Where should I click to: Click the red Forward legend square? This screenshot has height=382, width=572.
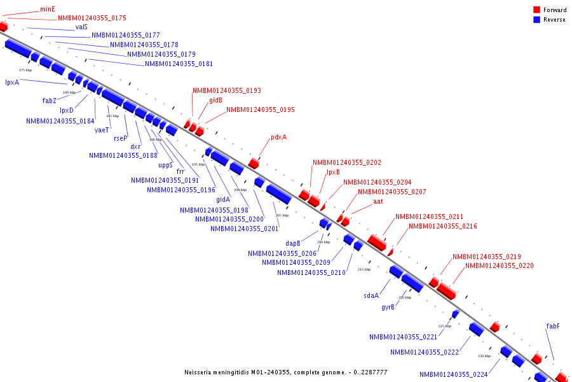(x=536, y=10)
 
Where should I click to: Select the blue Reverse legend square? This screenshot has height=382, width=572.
(x=536, y=20)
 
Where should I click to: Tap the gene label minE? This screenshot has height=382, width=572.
(x=48, y=9)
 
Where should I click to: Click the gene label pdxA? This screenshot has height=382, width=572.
(x=278, y=137)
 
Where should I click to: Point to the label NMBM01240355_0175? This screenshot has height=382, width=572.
(x=92, y=18)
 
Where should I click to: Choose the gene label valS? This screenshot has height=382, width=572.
(x=81, y=27)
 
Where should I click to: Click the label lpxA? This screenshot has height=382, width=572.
(x=12, y=82)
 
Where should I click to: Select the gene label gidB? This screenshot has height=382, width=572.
(x=215, y=100)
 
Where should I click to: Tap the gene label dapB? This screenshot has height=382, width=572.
(x=292, y=243)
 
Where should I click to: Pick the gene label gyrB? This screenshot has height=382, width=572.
(x=388, y=307)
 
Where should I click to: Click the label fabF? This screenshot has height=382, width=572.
(x=553, y=326)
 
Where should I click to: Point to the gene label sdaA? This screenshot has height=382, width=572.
(x=371, y=295)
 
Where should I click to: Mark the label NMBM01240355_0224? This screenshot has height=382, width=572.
(x=453, y=374)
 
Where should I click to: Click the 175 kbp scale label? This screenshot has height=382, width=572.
(x=25, y=70)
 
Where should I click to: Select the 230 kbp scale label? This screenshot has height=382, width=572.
(x=484, y=356)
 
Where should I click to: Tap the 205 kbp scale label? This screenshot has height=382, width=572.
(x=282, y=215)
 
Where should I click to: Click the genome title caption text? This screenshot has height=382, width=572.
(x=285, y=372)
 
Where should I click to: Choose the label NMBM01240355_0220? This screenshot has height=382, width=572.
(x=499, y=265)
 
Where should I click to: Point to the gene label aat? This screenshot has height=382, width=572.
(x=378, y=201)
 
